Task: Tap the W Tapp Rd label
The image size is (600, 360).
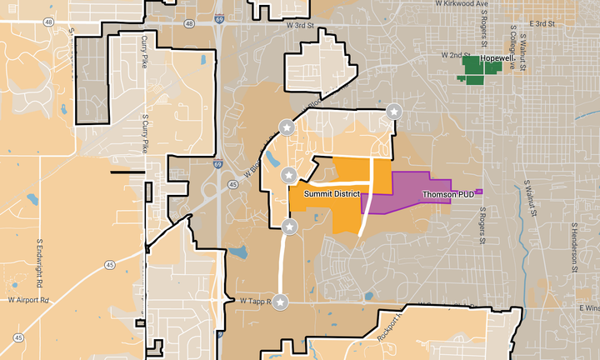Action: pos(255,301)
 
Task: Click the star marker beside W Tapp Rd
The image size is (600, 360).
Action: pos(281,302)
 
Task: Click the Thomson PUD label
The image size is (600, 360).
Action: pos(447,194)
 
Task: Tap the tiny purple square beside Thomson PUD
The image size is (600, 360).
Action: pos(479,192)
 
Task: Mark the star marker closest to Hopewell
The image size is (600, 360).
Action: pos(394,111)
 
